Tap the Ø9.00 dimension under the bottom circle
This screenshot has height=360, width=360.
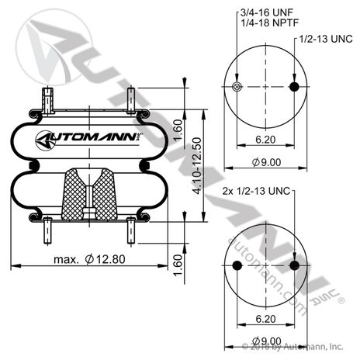pyautogui.click(x=265, y=340)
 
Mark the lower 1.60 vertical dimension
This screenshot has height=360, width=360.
pyautogui.click(x=177, y=264)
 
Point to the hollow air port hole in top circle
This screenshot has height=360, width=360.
pyautogui.click(x=237, y=86)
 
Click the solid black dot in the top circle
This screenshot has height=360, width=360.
pyautogui.click(x=295, y=86)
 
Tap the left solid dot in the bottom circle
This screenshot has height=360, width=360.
pyautogui.click(x=237, y=265)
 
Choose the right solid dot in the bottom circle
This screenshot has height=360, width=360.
pyautogui.click(x=295, y=265)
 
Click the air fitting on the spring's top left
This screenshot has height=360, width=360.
pyautogui.click(x=49, y=99)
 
